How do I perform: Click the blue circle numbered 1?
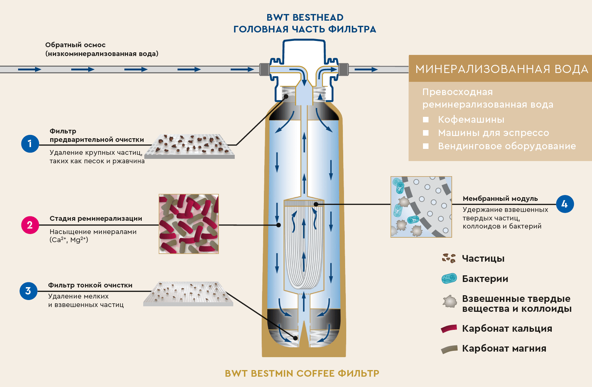click(30, 143)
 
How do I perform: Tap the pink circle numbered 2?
click(30, 225)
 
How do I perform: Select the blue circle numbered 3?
click(28, 291)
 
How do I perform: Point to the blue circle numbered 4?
click(565, 204)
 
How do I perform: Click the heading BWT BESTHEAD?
click(305, 17)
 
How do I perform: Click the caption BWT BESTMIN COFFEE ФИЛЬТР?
click(302, 373)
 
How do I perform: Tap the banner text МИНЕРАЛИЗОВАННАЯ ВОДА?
click(502, 69)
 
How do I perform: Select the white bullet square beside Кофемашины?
click(426, 119)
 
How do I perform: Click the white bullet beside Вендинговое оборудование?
click(426, 146)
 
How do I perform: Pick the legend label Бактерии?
click(485, 279)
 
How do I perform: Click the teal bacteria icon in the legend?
click(449, 278)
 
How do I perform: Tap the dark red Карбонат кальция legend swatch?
click(449, 329)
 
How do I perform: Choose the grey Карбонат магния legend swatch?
click(449, 349)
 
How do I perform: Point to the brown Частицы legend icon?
click(449, 258)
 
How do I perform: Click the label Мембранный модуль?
click(500, 199)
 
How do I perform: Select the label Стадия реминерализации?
click(96, 219)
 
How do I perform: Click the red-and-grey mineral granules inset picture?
click(189, 224)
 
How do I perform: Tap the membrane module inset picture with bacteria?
click(421, 207)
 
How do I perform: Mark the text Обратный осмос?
click(75, 45)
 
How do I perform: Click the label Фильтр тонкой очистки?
click(90, 285)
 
